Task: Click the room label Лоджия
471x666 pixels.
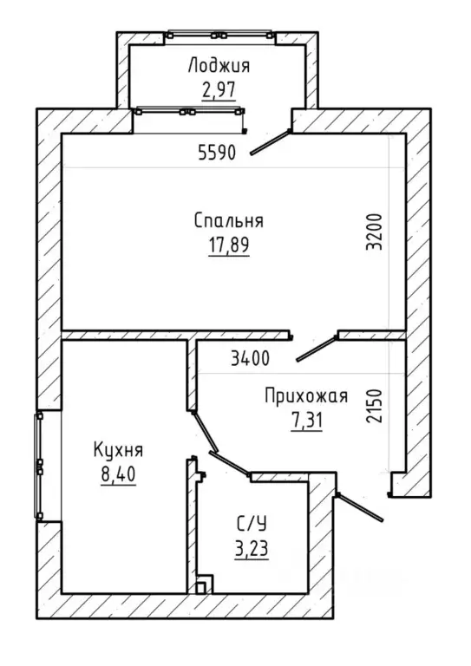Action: [x=219, y=67]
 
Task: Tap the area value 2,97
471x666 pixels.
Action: [x=219, y=89]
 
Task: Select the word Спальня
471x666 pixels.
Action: [x=229, y=221]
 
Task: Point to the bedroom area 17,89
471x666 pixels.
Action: [x=228, y=245]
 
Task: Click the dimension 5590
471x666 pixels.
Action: [x=217, y=153]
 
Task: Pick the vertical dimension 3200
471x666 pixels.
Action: [x=375, y=232]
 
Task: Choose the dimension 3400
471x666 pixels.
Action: [x=250, y=359]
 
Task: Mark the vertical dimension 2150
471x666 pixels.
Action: [x=375, y=406]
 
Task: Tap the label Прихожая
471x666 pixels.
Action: [x=306, y=396]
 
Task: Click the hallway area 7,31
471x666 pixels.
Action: [x=307, y=421]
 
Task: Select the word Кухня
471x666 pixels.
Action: [x=119, y=450]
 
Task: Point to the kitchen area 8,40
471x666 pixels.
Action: [x=119, y=474]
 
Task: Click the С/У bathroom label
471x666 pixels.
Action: [x=252, y=524]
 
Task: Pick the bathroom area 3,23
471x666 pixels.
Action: [x=252, y=549]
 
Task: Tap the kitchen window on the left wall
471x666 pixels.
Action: [x=39, y=466]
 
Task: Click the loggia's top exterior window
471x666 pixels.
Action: [x=219, y=35]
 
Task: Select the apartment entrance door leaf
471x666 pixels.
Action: [x=359, y=507]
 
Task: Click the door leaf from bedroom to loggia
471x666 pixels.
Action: [x=270, y=142]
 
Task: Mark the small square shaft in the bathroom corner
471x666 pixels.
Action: [x=204, y=584]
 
